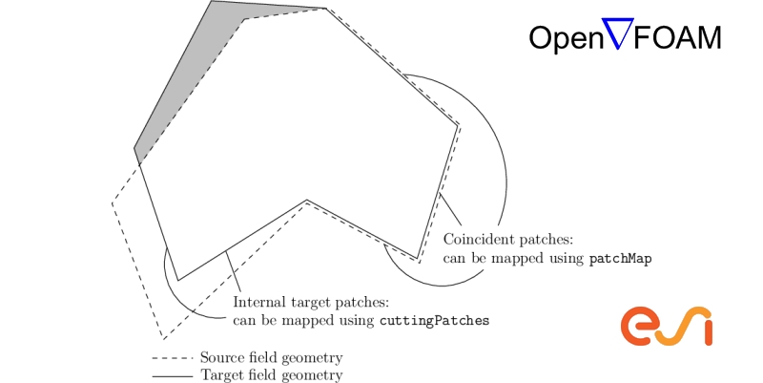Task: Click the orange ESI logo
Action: [668, 326]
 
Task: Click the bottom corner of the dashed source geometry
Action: [163, 339]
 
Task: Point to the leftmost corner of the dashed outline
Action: [113, 202]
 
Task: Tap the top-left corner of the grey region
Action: [212, 2]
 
